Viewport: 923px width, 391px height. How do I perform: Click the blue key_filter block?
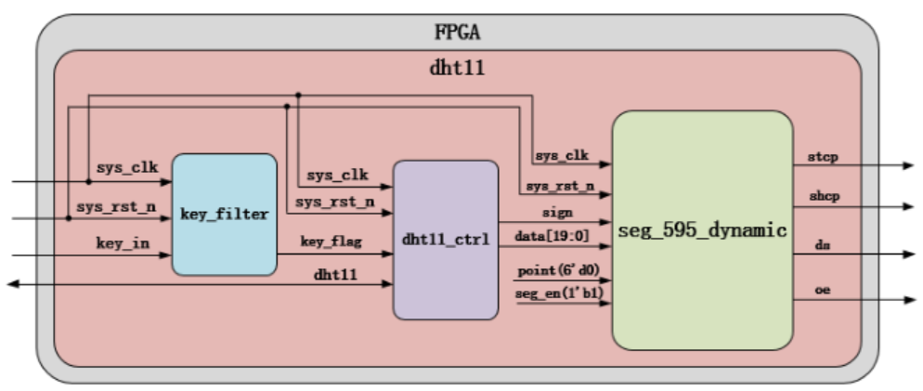coord(224,215)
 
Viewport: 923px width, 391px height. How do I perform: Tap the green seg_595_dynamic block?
coord(701,229)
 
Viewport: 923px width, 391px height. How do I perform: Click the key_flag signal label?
coord(330,241)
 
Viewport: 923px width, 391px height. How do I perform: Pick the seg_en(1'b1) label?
coord(553,293)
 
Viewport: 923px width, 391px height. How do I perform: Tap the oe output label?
coord(822,290)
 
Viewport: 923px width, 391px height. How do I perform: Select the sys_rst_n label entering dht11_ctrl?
coord(334,202)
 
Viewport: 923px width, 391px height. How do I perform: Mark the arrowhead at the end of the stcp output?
coord(907,165)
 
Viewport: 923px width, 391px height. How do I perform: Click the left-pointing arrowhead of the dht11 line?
coord(14,285)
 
